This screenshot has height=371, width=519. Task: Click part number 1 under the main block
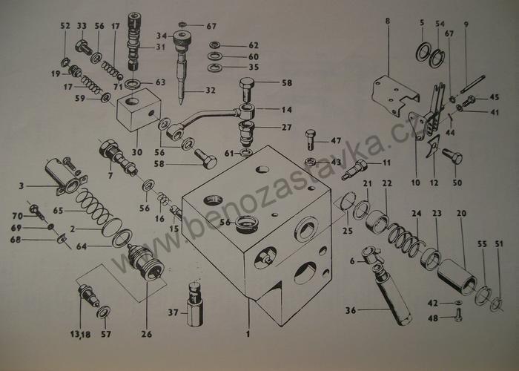[248, 334]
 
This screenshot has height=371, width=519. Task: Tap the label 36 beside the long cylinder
[351, 310]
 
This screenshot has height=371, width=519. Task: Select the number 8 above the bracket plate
[388, 21]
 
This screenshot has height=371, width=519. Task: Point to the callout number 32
[211, 90]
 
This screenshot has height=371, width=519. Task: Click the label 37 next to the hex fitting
[173, 312]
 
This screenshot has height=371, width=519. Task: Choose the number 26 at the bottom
[147, 334]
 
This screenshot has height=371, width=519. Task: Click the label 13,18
[80, 334]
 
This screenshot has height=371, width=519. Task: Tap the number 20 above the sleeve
[461, 214]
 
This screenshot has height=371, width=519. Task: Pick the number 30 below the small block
[137, 152]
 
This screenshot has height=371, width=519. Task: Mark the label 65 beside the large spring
[59, 211]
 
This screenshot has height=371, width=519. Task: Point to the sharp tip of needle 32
[181, 103]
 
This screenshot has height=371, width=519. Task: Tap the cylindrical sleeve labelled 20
[457, 277]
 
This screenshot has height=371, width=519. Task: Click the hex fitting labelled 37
[195, 303]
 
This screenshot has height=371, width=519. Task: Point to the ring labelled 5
[423, 52]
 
